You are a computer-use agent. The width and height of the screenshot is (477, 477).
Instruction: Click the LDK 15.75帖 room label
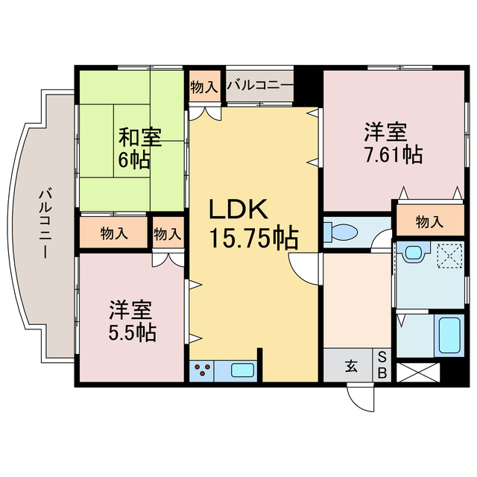[x=253, y=224]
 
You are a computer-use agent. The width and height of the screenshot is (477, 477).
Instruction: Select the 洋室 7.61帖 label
[x=393, y=144]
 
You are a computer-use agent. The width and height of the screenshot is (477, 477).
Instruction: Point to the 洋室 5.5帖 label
[x=133, y=320]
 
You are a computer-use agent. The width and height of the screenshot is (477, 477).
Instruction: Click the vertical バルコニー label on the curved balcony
[x=44, y=224]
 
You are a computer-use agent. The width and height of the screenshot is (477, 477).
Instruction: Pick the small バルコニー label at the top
[x=260, y=86]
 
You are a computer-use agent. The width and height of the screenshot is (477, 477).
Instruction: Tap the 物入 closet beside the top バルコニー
[x=203, y=86]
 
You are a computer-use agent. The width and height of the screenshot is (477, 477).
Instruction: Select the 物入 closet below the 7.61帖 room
[x=429, y=221]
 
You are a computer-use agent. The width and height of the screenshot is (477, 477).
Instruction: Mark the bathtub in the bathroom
[x=451, y=335]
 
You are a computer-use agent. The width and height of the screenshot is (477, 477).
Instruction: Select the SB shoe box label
[x=382, y=365]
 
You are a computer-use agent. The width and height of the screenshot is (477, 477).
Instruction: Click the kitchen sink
[x=243, y=370]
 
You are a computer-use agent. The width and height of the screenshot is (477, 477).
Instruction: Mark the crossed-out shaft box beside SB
[x=418, y=371]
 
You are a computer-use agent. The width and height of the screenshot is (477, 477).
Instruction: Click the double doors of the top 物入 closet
[x=203, y=112]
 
